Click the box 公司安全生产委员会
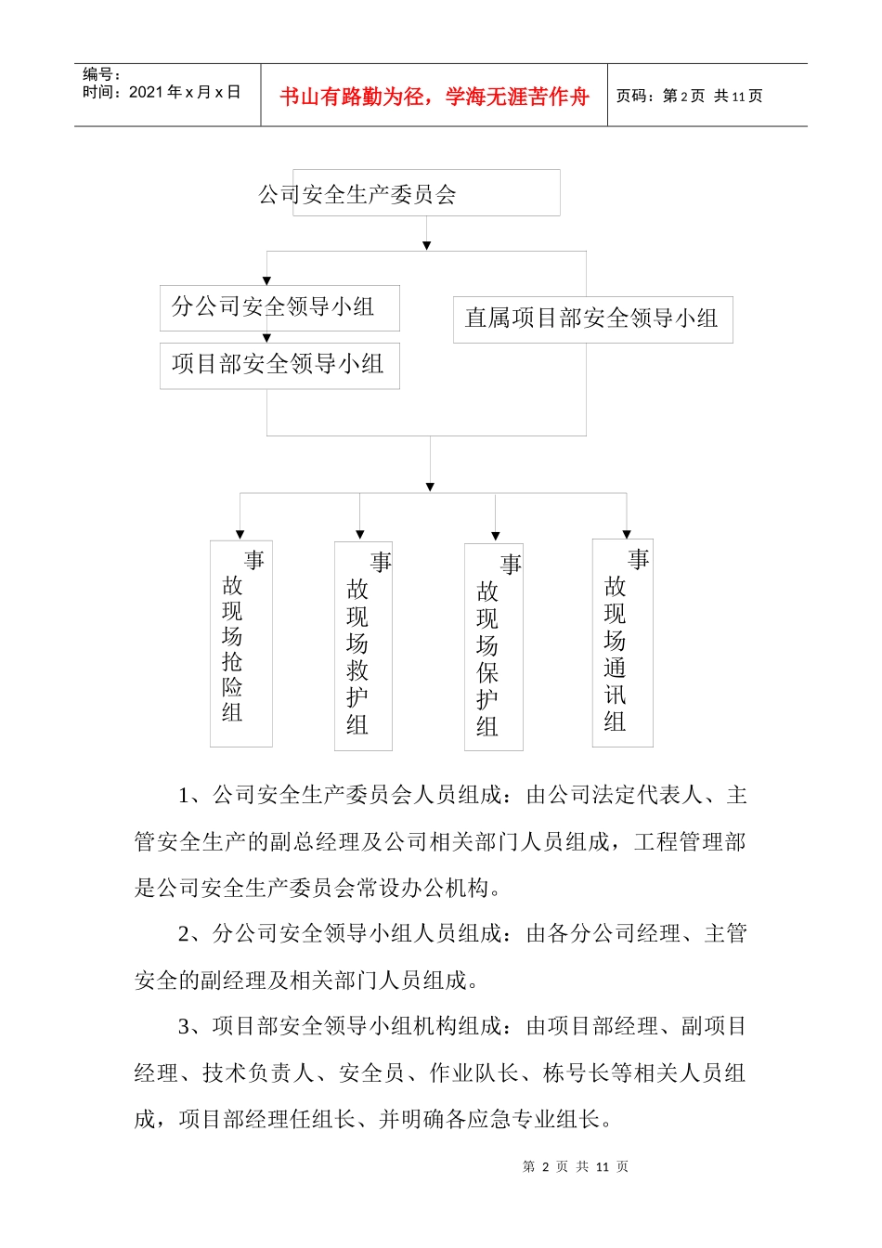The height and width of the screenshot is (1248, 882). (x=426, y=193)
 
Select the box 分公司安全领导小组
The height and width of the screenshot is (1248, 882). (x=279, y=307)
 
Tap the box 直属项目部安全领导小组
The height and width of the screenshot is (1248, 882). (x=592, y=319)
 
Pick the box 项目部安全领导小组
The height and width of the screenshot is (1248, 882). (x=279, y=365)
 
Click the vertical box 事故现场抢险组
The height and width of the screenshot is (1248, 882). (x=241, y=643)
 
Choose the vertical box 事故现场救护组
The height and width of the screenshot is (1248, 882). (x=363, y=645)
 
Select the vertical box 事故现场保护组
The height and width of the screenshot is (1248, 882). (x=493, y=646)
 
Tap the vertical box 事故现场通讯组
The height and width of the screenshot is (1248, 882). (x=622, y=642)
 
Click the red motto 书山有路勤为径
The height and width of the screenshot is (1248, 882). (x=435, y=97)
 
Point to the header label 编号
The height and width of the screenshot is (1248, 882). (x=100, y=74)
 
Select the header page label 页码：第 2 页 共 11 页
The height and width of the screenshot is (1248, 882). (x=689, y=96)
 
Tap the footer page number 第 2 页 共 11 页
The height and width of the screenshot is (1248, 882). (x=576, y=1166)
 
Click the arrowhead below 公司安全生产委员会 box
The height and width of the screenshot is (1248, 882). (x=426, y=245)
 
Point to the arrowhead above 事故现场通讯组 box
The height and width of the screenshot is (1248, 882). (x=627, y=534)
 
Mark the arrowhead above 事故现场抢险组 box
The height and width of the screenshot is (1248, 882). (x=240, y=535)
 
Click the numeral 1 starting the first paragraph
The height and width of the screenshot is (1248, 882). (x=184, y=796)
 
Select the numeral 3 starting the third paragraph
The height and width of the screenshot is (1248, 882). (x=184, y=1027)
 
